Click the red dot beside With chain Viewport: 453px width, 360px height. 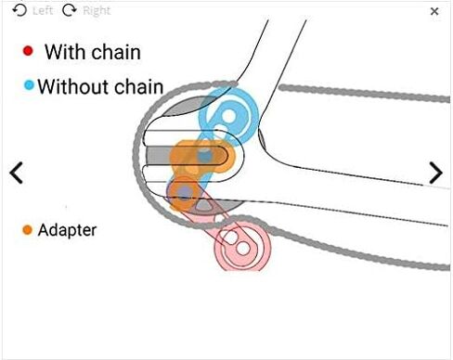pos(28,51)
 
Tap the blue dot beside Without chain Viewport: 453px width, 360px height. pos(29,85)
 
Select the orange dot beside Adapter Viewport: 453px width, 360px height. pos(27,230)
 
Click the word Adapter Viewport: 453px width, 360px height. pos(67,230)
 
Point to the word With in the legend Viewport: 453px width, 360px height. pos(63,52)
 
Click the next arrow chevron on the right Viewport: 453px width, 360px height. pos(436,173)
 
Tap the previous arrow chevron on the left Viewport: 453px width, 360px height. pos(16,173)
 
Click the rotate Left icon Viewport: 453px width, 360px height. pos(19,10)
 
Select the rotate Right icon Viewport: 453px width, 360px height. pos(70,10)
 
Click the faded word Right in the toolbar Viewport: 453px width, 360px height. pos(97,11)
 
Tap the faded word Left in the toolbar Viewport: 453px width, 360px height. pos(43,11)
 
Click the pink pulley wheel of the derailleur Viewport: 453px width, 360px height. pos(242,246)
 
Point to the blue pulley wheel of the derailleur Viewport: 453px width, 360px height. pos(228,117)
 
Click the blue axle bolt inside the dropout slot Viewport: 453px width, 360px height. pos(204,156)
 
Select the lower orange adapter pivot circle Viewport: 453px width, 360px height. pos(185,193)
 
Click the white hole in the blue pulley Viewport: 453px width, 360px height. pos(229,117)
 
